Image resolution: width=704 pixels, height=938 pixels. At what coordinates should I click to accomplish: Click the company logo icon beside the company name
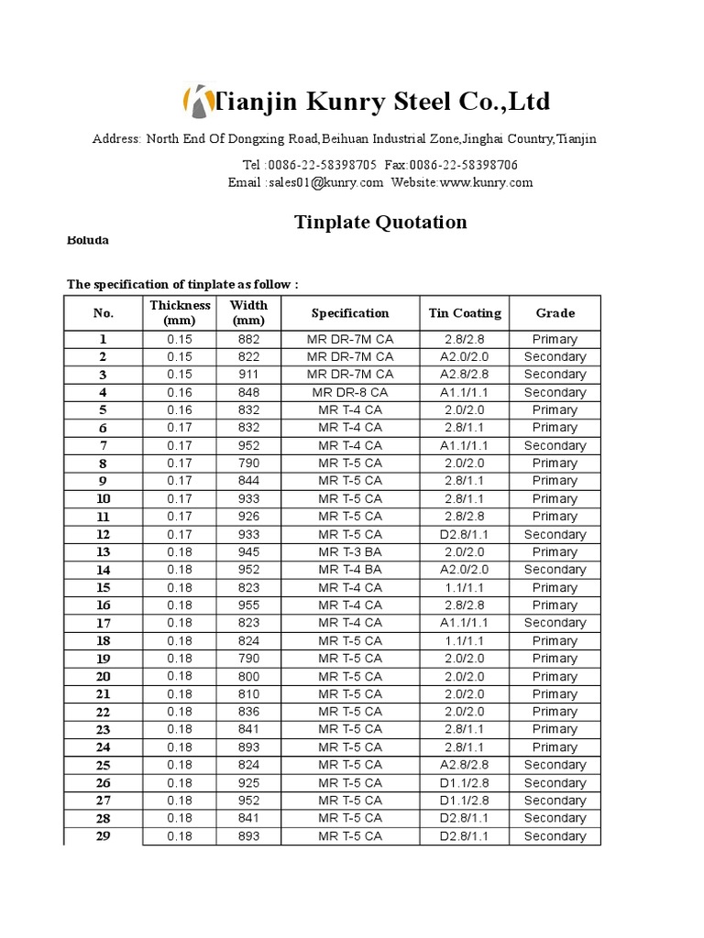(x=195, y=100)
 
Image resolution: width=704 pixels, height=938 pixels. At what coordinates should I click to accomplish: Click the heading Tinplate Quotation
(x=379, y=222)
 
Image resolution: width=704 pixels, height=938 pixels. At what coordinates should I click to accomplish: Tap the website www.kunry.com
(x=486, y=182)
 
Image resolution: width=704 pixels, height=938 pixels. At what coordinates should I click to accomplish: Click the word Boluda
(x=88, y=240)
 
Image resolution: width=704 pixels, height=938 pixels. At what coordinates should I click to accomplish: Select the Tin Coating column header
(x=465, y=313)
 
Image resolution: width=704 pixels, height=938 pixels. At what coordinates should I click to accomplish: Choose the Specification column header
(x=350, y=313)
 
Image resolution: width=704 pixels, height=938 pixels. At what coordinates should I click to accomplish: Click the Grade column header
(x=555, y=313)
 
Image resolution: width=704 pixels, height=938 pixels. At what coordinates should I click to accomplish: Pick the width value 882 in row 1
(x=248, y=339)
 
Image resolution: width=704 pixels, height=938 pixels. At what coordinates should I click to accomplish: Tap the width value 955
(x=248, y=605)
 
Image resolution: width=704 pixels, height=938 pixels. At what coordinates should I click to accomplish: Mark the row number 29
(x=104, y=835)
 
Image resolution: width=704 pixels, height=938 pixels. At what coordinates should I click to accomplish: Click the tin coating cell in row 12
(x=465, y=534)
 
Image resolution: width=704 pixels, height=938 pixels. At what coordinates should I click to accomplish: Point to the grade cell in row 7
(x=555, y=445)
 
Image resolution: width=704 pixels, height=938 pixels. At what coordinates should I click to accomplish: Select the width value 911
(x=248, y=375)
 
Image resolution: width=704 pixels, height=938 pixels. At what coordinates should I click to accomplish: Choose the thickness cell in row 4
(x=181, y=392)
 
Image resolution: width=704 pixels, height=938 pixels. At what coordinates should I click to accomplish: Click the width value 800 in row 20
(x=248, y=676)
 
